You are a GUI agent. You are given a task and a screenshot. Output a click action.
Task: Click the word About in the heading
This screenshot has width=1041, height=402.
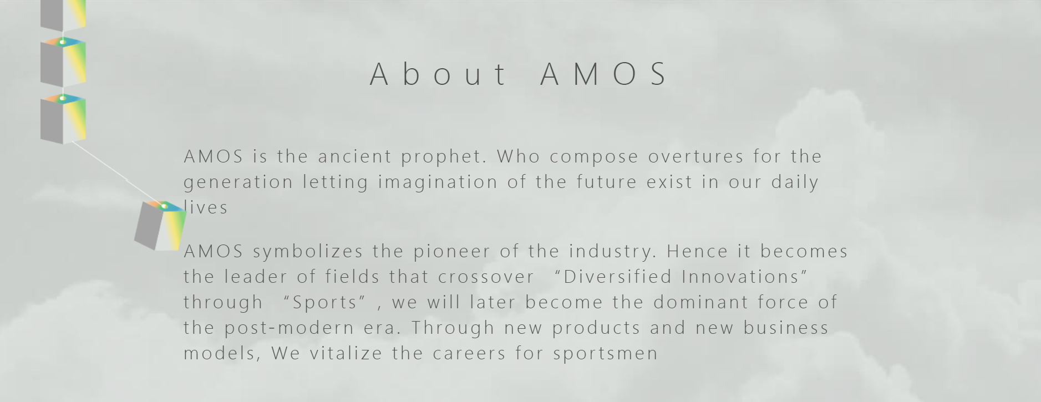pos(438,74)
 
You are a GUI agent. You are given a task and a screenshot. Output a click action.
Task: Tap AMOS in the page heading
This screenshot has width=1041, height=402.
pos(605,74)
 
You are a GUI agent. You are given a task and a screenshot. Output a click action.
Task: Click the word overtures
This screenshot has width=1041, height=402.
pos(696,157)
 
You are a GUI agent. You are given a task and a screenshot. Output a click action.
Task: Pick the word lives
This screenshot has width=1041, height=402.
pos(206,208)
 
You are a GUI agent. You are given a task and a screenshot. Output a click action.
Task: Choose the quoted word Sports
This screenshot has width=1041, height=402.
pos(325,303)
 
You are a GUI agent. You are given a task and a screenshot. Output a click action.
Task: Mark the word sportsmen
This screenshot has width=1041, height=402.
pos(605,354)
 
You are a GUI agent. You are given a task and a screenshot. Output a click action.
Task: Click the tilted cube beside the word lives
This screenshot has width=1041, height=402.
pos(160,226)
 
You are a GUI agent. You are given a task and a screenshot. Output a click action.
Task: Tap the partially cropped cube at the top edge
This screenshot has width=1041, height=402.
pos(63,14)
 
